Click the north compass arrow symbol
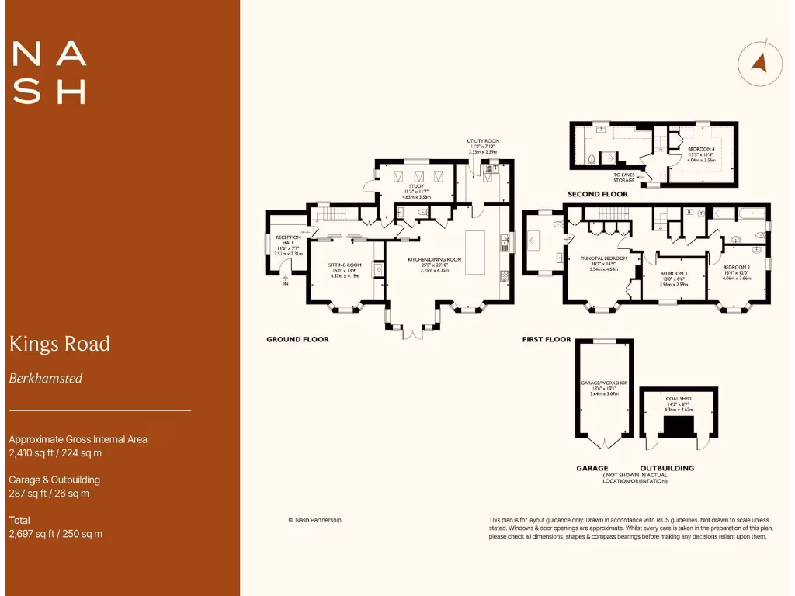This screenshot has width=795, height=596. click(x=759, y=63)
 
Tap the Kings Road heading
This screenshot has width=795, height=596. click(x=60, y=344)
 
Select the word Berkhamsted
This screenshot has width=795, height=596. click(x=46, y=379)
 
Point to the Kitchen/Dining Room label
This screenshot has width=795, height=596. click(x=439, y=259)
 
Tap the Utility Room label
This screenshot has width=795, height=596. click(x=481, y=141)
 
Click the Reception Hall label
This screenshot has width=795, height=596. click(x=288, y=237)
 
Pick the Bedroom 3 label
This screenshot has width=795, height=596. click(x=674, y=273)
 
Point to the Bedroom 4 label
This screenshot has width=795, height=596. click(x=700, y=148)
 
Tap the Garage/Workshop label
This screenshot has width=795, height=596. click(x=603, y=383)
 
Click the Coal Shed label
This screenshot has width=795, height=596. click(x=679, y=399)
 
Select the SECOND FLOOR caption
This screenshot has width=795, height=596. click(x=598, y=194)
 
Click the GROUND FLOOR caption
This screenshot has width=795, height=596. click(x=297, y=339)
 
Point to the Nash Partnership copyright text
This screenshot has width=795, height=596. click(x=314, y=520)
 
